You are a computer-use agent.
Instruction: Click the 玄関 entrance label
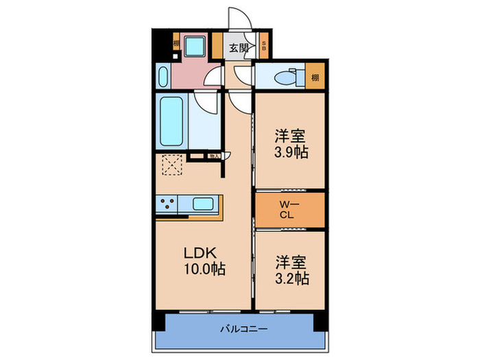click(238, 48)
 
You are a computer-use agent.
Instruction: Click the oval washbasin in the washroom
click(163, 76)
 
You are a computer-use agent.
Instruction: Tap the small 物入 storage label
click(214, 156)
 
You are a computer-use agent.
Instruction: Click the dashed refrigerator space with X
click(172, 165)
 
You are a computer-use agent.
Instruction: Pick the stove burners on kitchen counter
click(167, 204)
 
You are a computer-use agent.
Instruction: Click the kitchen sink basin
click(204, 204)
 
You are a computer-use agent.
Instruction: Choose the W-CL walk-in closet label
click(288, 209)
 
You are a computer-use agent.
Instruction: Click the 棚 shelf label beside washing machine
click(177, 43)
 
